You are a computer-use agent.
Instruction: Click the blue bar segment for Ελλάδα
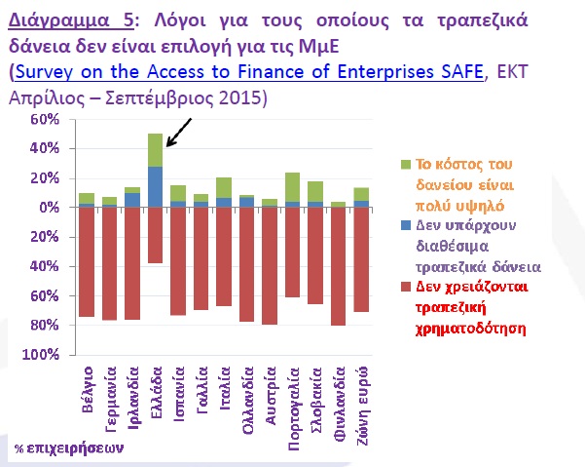pyautogui.click(x=155, y=186)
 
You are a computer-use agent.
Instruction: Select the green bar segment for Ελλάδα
pyautogui.click(x=155, y=150)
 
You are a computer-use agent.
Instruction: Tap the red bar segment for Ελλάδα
pyautogui.click(x=155, y=235)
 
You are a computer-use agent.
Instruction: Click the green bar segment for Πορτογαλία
pyautogui.click(x=291, y=187)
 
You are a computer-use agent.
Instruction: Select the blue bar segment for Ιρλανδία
pyautogui.click(x=132, y=200)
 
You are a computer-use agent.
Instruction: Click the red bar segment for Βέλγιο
pyautogui.click(x=87, y=261)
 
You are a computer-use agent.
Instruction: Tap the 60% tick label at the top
pyautogui.click(x=45, y=120)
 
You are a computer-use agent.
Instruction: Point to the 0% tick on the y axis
pyautogui.click(x=50, y=208)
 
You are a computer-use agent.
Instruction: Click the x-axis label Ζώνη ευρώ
pyautogui.click(x=361, y=394)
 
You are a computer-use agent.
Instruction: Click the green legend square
pyautogui.click(x=392, y=164)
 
